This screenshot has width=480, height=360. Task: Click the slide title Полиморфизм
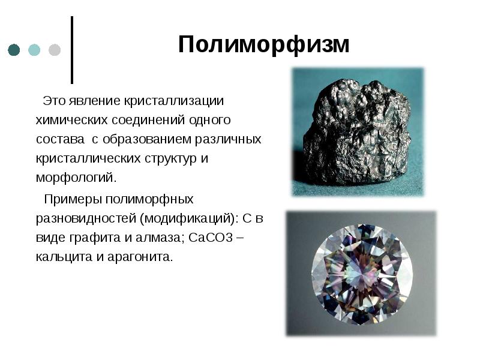(x=263, y=45)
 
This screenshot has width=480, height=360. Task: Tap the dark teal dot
(x=14, y=50)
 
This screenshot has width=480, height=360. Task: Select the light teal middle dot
(x=34, y=50)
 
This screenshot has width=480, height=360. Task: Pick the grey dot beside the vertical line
(x=54, y=50)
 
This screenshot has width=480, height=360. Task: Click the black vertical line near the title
(x=73, y=50)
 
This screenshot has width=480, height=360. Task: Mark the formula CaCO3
(x=211, y=237)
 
